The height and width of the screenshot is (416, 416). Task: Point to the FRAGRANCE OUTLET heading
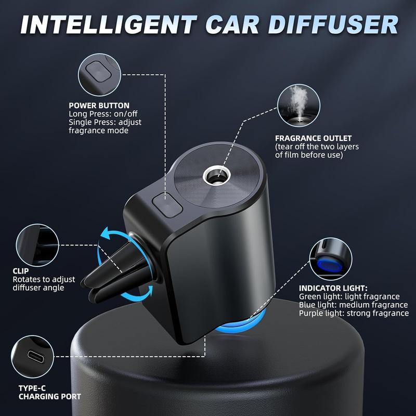pos(314,138)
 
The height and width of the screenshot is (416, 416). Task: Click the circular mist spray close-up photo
pos(298,105)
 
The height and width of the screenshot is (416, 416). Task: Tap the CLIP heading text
pos(21,271)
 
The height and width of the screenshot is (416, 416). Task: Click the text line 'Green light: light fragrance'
pos(349,296)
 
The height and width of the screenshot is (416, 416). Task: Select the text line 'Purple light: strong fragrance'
pos(354,313)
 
